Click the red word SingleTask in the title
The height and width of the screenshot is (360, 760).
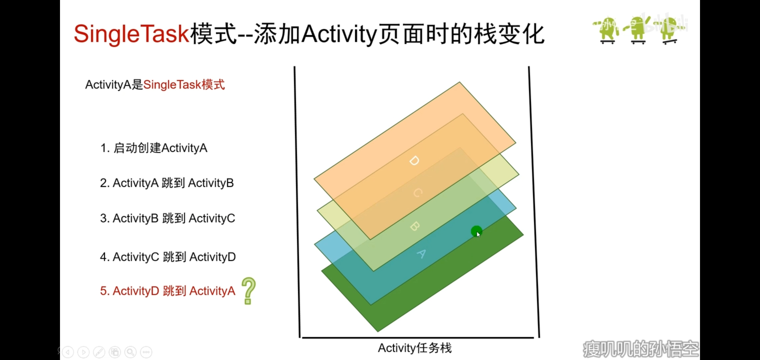point(132,34)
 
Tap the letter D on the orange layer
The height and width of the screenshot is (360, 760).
point(414,161)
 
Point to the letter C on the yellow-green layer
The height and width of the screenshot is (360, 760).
point(418,193)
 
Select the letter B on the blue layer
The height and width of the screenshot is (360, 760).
point(414,226)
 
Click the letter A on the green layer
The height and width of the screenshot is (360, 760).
point(421,254)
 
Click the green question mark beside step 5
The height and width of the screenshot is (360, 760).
point(248,291)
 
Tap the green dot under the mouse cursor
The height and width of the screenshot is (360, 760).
point(476,231)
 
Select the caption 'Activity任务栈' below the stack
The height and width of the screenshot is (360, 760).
point(415,348)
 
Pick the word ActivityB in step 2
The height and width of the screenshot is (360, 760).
point(211,183)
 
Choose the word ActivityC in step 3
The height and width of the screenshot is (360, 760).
point(212,218)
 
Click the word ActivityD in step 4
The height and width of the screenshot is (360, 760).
point(213,257)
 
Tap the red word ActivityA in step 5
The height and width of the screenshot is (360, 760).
point(212,291)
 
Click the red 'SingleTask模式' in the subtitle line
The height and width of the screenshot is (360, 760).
point(184,85)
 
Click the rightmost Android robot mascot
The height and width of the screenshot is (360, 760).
point(669,30)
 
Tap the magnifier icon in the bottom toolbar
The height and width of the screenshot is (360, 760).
point(131,352)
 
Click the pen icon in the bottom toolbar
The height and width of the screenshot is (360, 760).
point(99,352)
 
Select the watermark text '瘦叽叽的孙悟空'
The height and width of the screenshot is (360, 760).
point(641,349)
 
